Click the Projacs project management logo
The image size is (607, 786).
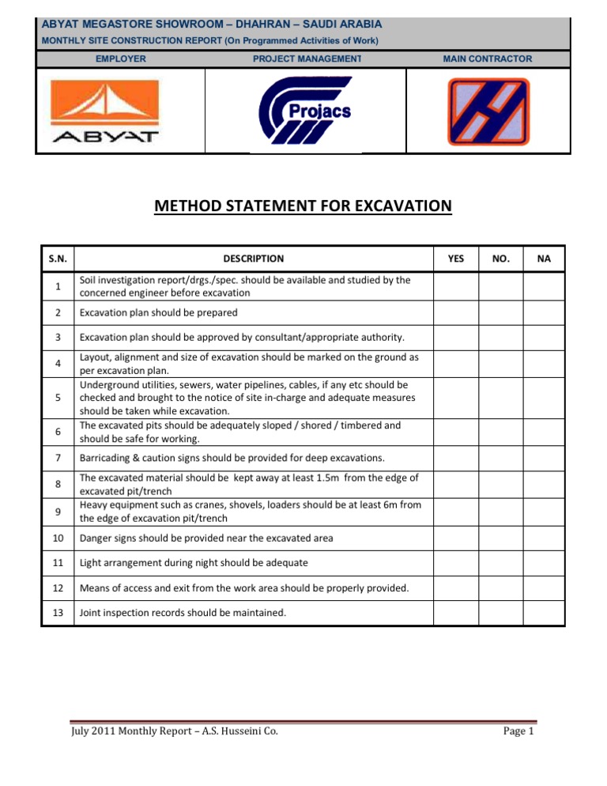coord(306,111)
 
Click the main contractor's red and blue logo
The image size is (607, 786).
coord(486,111)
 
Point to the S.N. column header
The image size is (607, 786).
coord(58,259)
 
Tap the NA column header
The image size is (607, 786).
coord(545,259)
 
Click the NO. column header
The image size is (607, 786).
coord(500,259)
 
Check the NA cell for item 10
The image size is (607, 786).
coord(545,538)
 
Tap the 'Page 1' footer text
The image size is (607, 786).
coord(519,731)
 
